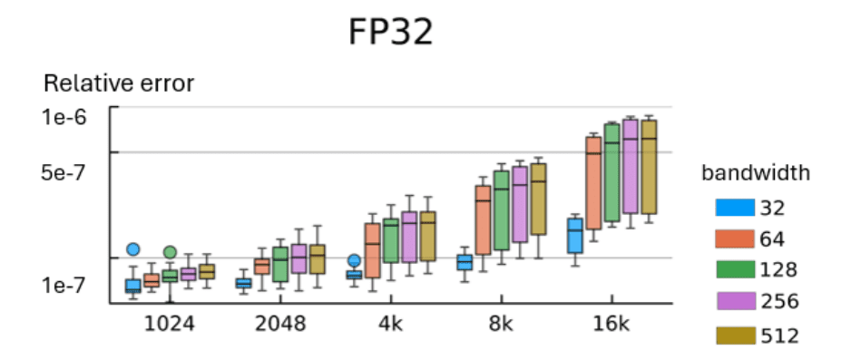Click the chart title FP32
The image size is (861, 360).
tap(391, 32)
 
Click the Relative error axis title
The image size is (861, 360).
tap(119, 84)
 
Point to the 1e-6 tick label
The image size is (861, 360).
tap(67, 116)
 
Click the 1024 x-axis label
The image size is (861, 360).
tap(169, 324)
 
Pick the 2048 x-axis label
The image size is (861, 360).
tap(280, 324)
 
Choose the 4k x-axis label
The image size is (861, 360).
tap(392, 324)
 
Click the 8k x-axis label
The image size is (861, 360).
tap(502, 324)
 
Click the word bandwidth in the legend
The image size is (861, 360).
tap(755, 172)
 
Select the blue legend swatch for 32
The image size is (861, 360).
tap(736, 208)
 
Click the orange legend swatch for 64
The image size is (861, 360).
tap(736, 238)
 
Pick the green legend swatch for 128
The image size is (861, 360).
tap(736, 269)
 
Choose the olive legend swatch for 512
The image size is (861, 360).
tap(736, 335)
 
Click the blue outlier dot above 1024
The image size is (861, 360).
tap(133, 249)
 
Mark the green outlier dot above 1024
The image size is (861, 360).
tap(170, 252)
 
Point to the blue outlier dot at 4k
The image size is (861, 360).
tap(355, 261)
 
